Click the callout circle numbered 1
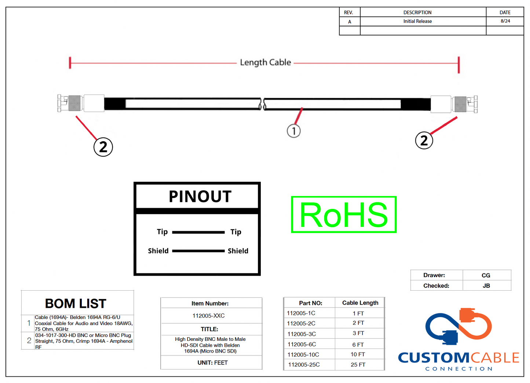click(x=293, y=131)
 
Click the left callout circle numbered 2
click(x=103, y=147)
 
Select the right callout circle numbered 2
click(x=424, y=140)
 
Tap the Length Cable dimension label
click(x=265, y=63)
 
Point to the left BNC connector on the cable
click(x=72, y=103)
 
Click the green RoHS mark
click(x=344, y=215)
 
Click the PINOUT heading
click(x=200, y=197)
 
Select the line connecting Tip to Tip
click(x=198, y=232)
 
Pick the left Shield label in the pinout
click(x=158, y=251)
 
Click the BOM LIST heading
click(x=76, y=304)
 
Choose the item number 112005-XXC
click(x=208, y=316)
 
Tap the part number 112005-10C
click(x=303, y=355)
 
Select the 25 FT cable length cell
click(x=358, y=365)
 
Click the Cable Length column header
click(x=360, y=303)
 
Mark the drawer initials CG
click(x=486, y=276)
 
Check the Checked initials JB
click(x=486, y=286)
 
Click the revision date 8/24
click(x=505, y=21)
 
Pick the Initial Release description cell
click(x=417, y=21)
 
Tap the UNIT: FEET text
click(x=212, y=363)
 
